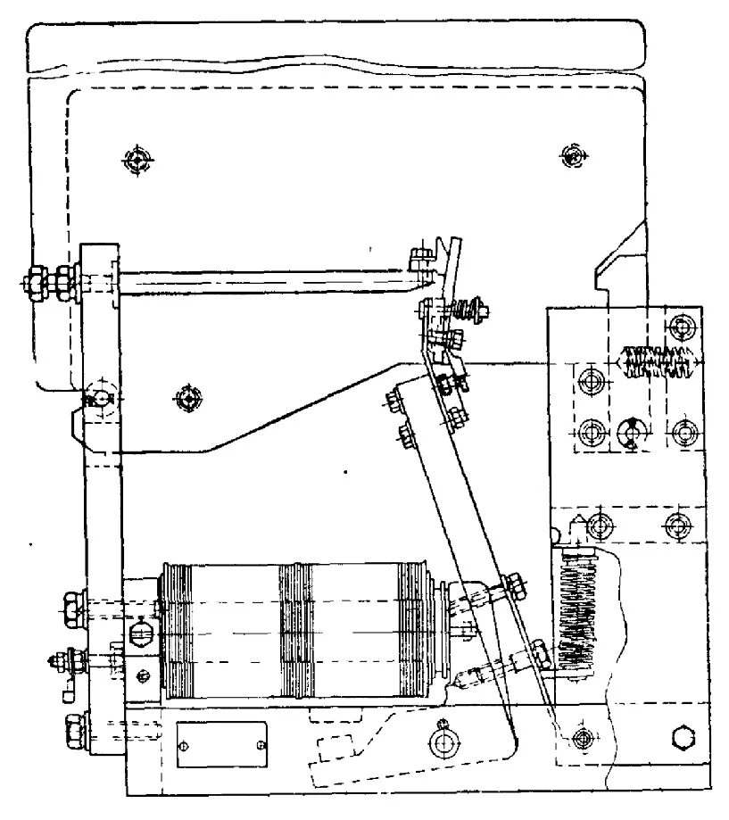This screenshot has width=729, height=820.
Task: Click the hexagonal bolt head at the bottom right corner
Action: coord(683,738)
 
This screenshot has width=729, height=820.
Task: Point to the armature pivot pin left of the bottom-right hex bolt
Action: coord(582,738)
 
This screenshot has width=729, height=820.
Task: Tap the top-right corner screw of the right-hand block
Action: coord(683,326)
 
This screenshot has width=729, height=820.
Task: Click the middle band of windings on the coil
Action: coord(295,630)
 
